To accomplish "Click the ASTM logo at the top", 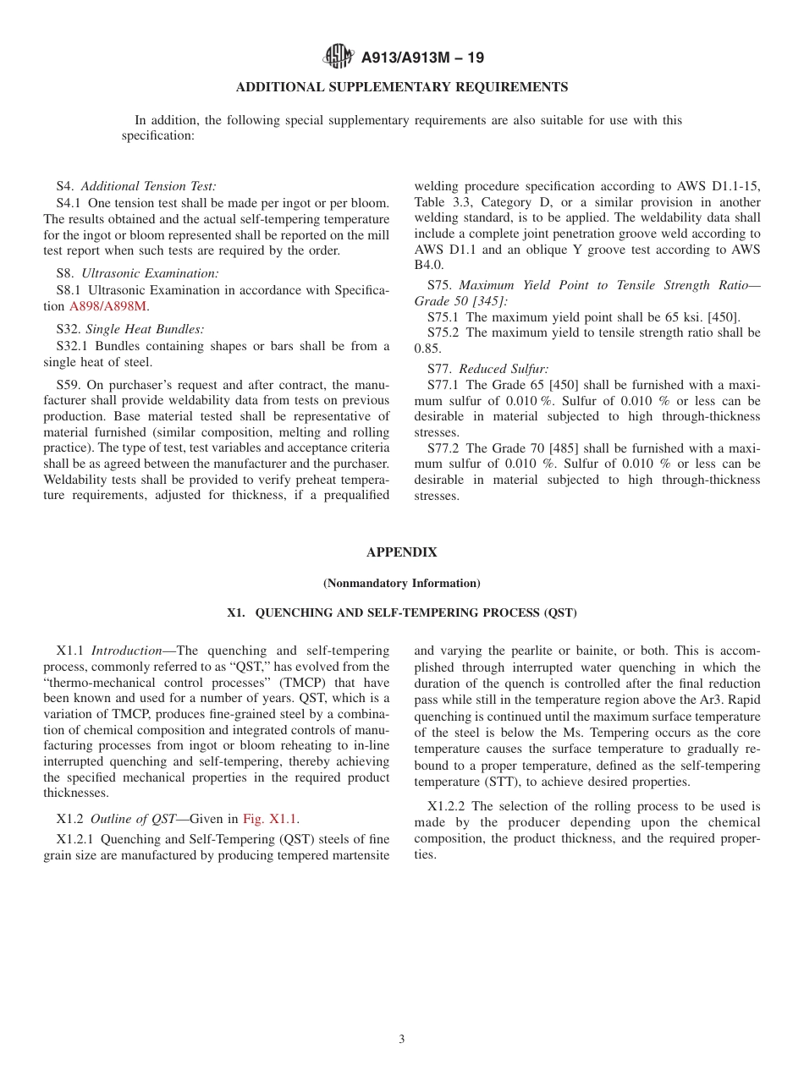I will pyautogui.click(x=339, y=58).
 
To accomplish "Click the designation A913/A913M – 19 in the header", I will pyautogui.click(x=422, y=58).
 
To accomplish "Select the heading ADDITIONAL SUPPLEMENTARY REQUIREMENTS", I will pyautogui.click(x=401, y=87).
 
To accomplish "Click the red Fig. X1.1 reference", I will pyautogui.click(x=270, y=818).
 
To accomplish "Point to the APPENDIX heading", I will pyautogui.click(x=401, y=552).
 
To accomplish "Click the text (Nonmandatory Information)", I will pyautogui.click(x=401, y=583).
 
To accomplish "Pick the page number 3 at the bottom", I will pyautogui.click(x=401, y=1040).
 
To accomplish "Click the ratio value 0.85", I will pyautogui.click(x=427, y=349).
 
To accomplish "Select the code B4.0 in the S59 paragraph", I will pyautogui.click(x=428, y=266).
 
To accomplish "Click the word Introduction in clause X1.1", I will pyautogui.click(x=126, y=651).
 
